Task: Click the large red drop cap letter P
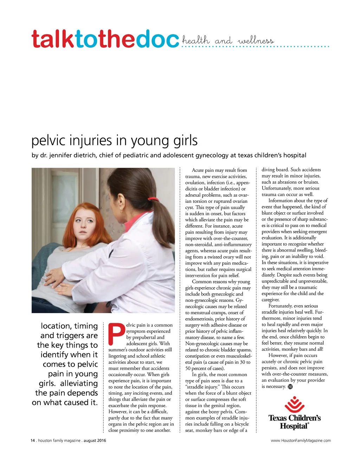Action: pyautogui.click(x=116, y=334)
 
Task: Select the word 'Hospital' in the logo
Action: pyautogui.click(x=294, y=426)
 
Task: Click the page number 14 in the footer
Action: pyautogui.click(x=33, y=441)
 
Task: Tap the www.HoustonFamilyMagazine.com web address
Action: pyautogui.click(x=301, y=441)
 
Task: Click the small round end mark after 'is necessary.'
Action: pyautogui.click(x=290, y=387)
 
